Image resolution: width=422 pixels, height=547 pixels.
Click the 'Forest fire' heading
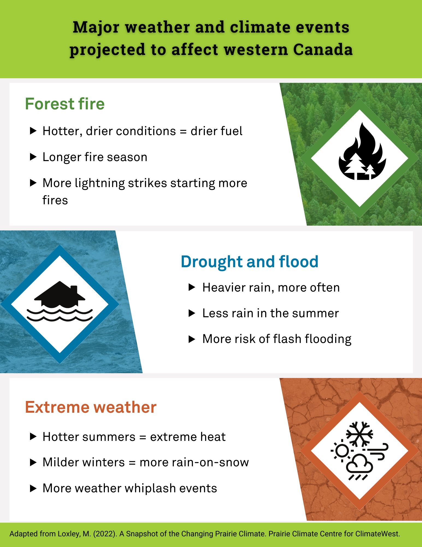point(65,104)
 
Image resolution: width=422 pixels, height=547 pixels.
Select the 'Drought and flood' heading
point(249,261)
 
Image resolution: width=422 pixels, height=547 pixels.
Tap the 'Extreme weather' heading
point(91,407)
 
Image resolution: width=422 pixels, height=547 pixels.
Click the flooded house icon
point(60,301)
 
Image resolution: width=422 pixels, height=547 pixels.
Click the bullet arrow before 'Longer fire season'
point(33,157)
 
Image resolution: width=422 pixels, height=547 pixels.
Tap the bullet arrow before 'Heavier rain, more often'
point(192,287)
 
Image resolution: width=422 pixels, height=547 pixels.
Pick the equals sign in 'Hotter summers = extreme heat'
point(143,437)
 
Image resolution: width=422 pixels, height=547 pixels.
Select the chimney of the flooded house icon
point(74,289)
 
